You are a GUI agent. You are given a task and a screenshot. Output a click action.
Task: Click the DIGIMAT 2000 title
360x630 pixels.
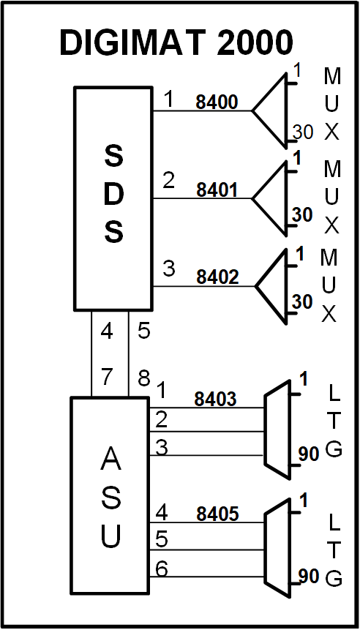(176, 43)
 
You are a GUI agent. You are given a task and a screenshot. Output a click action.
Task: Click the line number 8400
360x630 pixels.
(217, 103)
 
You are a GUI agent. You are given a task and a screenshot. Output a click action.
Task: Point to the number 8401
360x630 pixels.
(217, 190)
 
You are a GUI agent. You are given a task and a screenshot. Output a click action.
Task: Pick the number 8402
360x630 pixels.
(217, 277)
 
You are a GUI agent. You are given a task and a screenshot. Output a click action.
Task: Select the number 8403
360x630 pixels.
(215, 399)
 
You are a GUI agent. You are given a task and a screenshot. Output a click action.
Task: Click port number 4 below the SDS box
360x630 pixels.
(107, 332)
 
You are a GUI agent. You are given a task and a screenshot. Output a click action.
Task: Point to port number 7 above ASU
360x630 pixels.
(107, 378)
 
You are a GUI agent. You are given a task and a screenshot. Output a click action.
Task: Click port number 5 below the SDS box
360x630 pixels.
(144, 332)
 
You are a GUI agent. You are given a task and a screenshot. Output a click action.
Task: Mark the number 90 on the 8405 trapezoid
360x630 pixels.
(309, 576)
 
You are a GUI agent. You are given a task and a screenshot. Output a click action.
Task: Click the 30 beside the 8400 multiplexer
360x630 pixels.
(303, 132)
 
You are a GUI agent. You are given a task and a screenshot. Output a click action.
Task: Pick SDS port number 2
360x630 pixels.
(169, 181)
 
